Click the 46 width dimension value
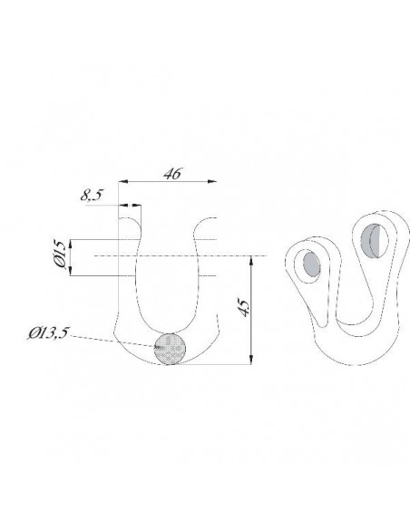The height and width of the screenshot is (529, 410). click(x=172, y=173)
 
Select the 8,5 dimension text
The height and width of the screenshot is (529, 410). click(x=92, y=195)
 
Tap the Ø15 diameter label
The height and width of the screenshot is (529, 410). click(x=60, y=254)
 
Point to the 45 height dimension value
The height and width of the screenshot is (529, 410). click(x=245, y=307)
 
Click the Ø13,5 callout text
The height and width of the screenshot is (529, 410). click(x=48, y=333)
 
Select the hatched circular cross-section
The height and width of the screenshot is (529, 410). click(x=170, y=349)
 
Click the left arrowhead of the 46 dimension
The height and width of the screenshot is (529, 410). click(x=123, y=182)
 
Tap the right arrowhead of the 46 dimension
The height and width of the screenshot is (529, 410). click(x=211, y=182)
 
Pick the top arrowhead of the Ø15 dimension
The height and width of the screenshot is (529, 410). click(x=71, y=245)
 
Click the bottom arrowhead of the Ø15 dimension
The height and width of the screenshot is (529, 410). click(x=71, y=271)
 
